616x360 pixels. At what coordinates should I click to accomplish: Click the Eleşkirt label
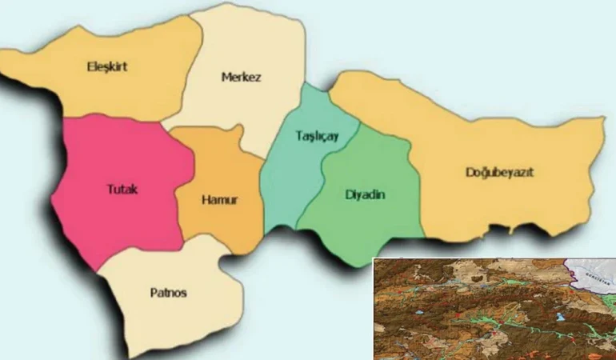click(x=106, y=67)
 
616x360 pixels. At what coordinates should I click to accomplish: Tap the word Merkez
click(x=241, y=78)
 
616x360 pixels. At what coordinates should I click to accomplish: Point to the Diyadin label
click(x=365, y=194)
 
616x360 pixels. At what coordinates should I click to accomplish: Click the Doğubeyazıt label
click(x=499, y=172)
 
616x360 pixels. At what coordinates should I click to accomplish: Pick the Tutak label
click(x=122, y=190)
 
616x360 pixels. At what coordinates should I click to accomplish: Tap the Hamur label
click(x=218, y=199)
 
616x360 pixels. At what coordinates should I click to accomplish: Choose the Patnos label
click(x=168, y=293)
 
